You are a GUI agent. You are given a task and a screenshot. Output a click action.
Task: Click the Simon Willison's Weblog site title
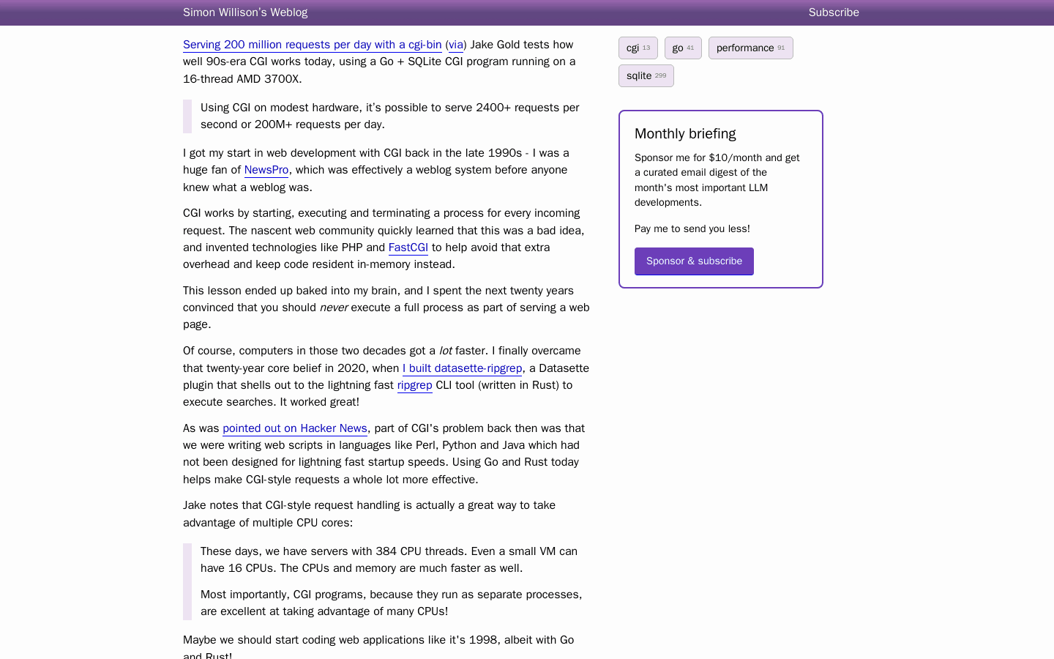(245, 12)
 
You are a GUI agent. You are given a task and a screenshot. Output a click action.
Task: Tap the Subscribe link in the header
(834, 12)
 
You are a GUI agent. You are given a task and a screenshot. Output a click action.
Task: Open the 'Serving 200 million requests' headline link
(312, 45)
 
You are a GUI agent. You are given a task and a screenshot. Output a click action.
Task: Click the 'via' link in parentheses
(455, 45)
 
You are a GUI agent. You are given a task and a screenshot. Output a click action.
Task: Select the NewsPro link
(266, 170)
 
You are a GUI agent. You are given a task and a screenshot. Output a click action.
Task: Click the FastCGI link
(408, 247)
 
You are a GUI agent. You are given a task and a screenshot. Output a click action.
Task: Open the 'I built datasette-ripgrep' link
(462, 368)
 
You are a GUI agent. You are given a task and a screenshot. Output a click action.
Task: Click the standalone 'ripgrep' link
(414, 385)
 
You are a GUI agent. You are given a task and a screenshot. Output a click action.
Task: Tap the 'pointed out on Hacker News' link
(294, 428)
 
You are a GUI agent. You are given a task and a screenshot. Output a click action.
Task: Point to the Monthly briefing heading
(685, 134)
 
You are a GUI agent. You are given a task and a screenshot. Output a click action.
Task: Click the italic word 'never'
(334, 308)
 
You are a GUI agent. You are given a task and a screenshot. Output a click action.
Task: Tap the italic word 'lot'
(445, 351)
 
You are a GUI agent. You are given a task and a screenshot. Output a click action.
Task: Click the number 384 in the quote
(386, 551)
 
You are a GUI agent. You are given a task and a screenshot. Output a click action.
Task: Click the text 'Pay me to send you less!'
(692, 229)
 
